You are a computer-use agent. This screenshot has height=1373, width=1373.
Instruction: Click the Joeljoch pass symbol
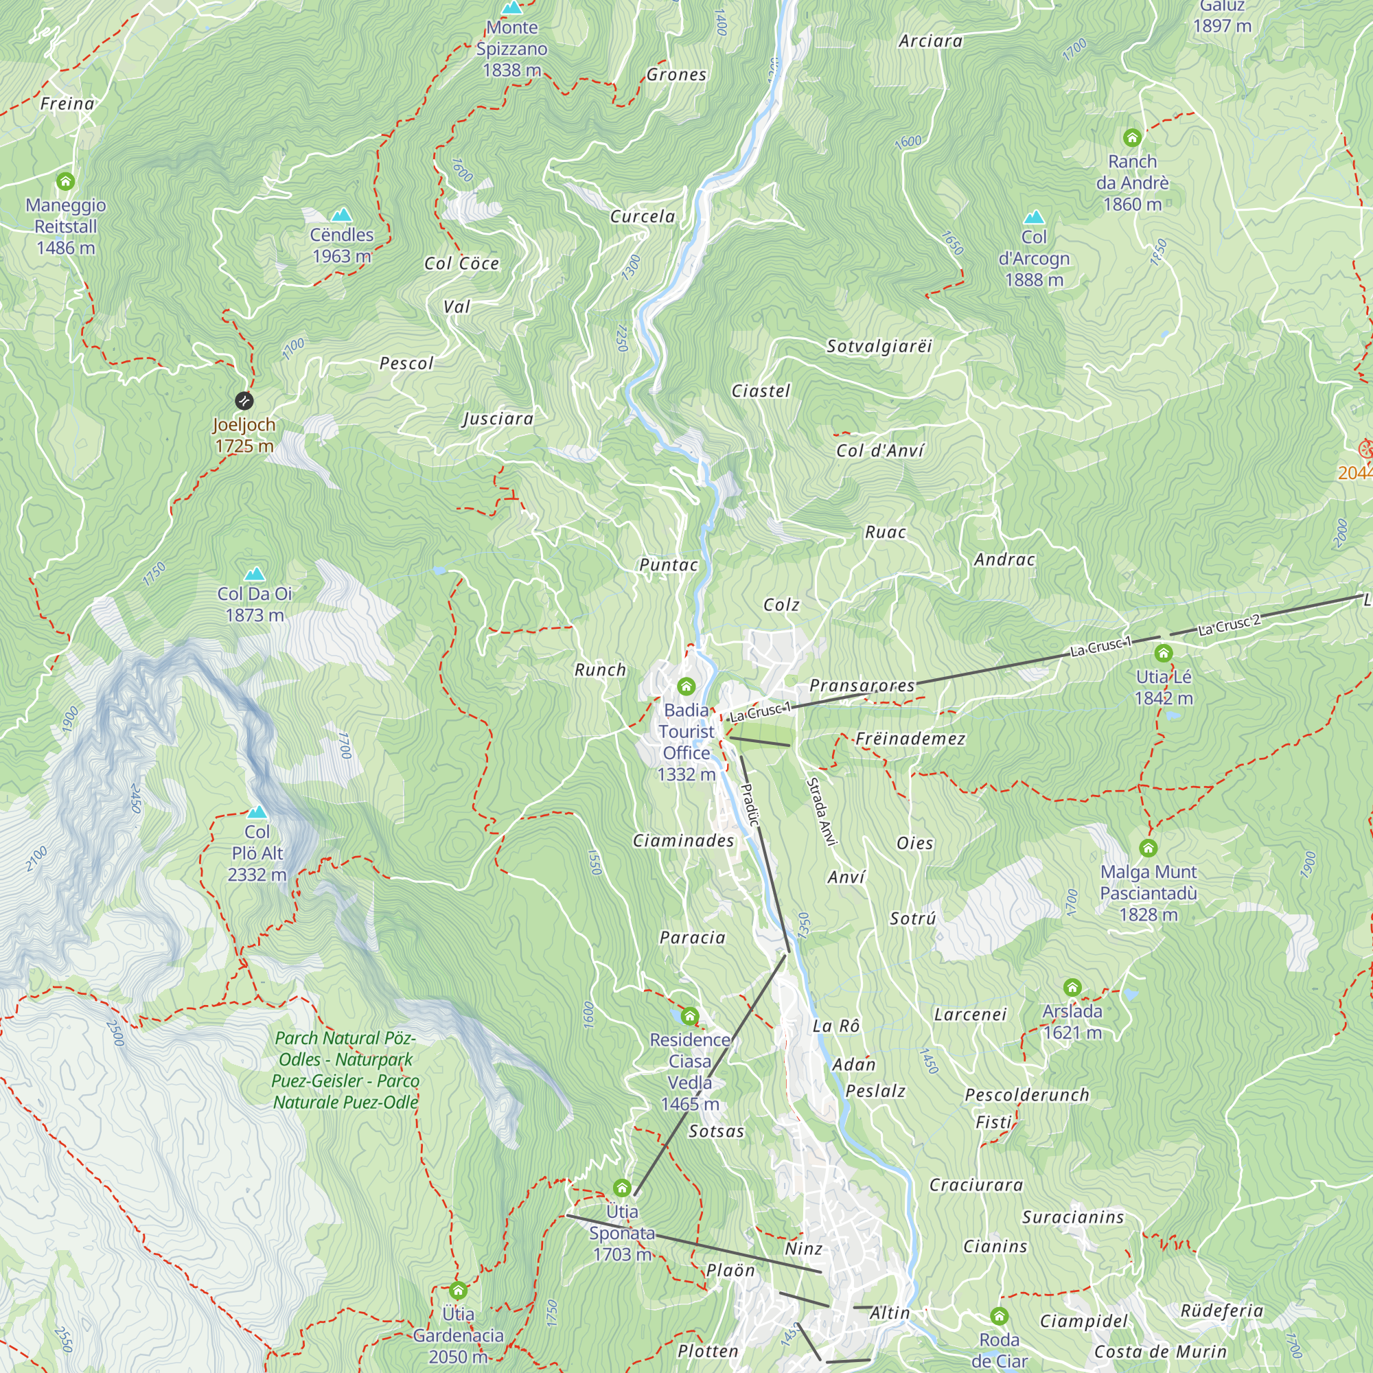point(244,401)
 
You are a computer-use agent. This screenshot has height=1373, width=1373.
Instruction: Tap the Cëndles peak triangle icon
point(342,215)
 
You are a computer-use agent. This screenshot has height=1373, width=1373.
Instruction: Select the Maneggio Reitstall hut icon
point(65,181)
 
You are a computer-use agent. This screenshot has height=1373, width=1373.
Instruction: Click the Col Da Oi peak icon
point(255,573)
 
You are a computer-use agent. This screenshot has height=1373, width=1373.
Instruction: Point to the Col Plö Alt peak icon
point(257,811)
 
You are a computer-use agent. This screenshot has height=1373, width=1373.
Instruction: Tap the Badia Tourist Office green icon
point(686,686)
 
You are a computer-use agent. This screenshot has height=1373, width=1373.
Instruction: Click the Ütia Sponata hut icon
point(622,1188)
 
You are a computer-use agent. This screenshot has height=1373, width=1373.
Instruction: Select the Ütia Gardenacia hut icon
point(458,1290)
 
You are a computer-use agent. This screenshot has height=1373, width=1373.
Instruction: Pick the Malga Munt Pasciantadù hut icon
point(1149,848)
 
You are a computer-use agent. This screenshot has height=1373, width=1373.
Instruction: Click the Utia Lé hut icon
point(1164,653)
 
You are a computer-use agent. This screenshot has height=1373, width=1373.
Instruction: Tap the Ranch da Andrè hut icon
point(1132,137)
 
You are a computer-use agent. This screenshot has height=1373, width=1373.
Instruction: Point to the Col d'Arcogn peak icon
point(1034,217)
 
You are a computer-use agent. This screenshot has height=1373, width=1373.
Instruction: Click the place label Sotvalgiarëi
point(879,346)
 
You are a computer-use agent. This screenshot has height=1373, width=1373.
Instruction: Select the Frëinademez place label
point(910,739)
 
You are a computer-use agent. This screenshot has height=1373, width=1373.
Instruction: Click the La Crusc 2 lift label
point(1229,625)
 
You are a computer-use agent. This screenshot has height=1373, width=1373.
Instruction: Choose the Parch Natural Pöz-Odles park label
point(345,1070)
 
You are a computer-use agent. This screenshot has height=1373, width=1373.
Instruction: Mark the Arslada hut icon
point(1072,987)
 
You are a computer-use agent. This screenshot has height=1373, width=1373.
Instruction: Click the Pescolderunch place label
point(1027,1095)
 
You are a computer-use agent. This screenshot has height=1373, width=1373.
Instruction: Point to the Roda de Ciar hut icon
point(999,1316)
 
